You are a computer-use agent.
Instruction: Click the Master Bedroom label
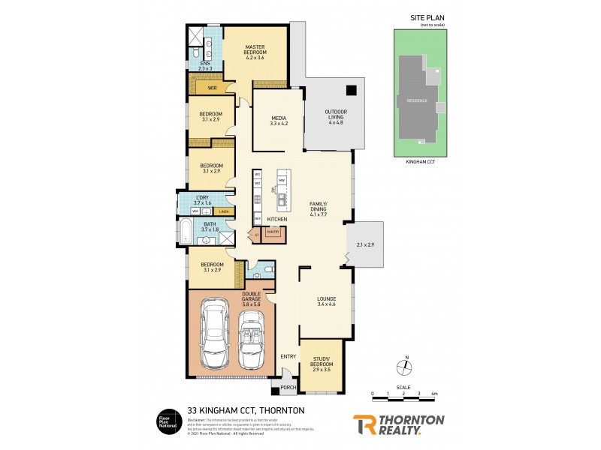pos(255,49)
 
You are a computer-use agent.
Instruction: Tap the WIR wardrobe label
pos(213,88)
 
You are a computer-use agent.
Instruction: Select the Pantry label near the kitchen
pos(273,232)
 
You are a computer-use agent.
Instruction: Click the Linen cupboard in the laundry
pos(224,211)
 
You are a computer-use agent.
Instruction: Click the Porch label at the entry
pos(286,388)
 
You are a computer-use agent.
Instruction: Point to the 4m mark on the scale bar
pos(435,393)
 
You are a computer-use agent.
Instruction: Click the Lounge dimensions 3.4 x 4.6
pos(325,305)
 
